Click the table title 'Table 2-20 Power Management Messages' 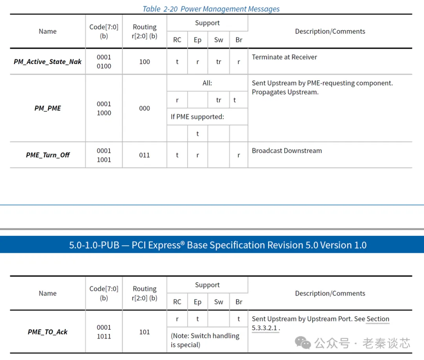click(x=211, y=9)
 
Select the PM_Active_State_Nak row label click(x=48, y=62)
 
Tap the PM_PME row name click(x=48, y=108)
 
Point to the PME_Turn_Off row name click(x=48, y=155)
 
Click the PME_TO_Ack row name click(x=48, y=332)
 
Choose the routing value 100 click(x=144, y=62)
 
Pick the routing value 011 click(x=144, y=155)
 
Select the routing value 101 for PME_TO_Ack click(x=144, y=332)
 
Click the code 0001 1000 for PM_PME click(x=104, y=108)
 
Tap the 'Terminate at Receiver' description click(x=284, y=57)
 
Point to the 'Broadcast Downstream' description click(x=287, y=151)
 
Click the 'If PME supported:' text click(x=197, y=117)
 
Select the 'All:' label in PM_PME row click(x=207, y=83)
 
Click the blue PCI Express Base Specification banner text click(x=218, y=245)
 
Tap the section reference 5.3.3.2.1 click(x=265, y=328)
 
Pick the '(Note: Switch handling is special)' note click(x=205, y=340)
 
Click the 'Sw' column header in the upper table click(x=218, y=40)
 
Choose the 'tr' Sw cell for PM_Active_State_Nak click(x=218, y=62)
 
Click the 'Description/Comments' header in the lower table click(x=330, y=293)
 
